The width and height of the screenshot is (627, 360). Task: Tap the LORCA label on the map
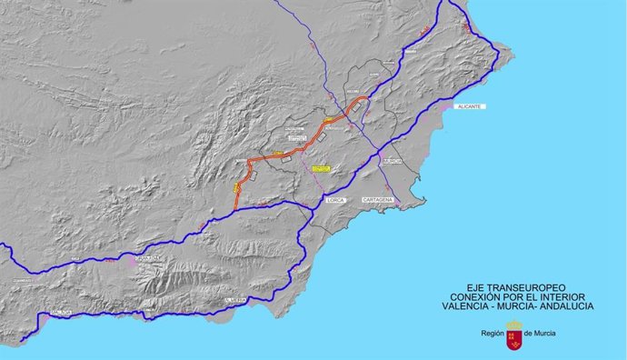(338, 199)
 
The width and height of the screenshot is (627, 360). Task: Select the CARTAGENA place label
(377, 199)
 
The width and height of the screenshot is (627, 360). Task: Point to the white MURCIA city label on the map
(392, 162)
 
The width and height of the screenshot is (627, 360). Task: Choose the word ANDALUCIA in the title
(567, 306)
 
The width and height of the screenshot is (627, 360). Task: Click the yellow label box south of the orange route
(321, 168)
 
